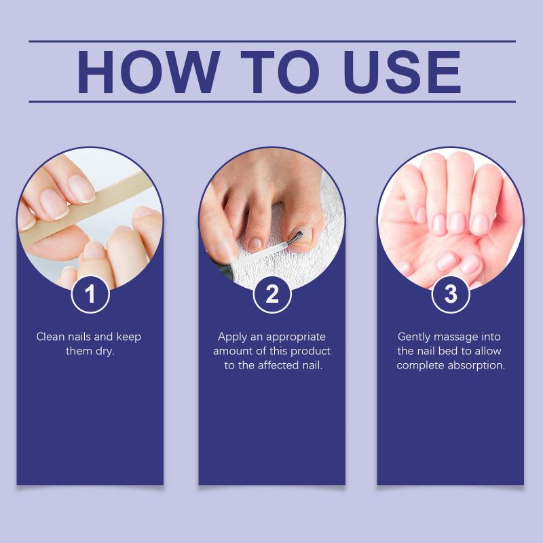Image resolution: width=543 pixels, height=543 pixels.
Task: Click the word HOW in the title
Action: [149, 72]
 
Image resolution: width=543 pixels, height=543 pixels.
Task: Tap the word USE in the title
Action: [402, 72]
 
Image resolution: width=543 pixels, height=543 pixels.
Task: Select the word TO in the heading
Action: [280, 72]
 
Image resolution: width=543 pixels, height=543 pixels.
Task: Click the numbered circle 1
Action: [90, 295]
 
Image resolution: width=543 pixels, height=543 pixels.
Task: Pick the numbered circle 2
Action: [272, 295]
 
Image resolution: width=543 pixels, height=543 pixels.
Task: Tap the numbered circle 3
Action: [451, 295]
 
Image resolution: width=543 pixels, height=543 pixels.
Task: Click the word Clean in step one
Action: [50, 337]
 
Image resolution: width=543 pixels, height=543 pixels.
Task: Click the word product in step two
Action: [311, 352]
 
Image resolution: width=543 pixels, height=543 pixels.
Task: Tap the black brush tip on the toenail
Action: [295, 238]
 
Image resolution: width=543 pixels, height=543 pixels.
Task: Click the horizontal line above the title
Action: [272, 41]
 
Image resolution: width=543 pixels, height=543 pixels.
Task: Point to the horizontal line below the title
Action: [272, 102]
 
